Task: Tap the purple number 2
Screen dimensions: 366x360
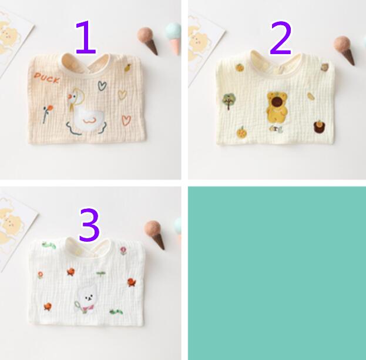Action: [280, 38]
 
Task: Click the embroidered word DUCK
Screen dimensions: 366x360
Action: [46, 78]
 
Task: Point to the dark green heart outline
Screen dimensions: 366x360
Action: [102, 85]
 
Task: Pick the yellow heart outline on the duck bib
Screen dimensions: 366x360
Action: [122, 95]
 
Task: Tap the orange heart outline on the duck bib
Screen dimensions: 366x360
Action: [126, 121]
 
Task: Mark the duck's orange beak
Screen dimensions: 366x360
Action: [69, 96]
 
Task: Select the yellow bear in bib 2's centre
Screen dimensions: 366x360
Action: [277, 107]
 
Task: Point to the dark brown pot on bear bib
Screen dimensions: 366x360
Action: [319, 127]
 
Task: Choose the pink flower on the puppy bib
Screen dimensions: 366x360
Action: [123, 251]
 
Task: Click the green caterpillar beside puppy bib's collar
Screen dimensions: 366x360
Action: [49, 245]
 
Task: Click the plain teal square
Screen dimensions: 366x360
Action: [277, 273]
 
